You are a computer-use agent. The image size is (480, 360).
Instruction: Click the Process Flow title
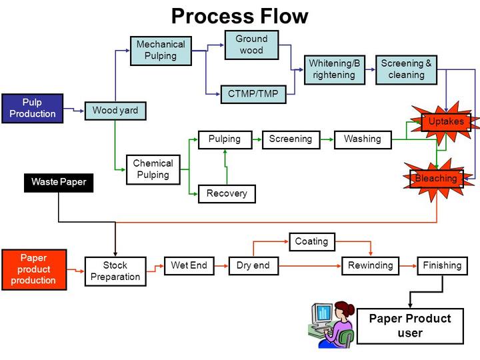coord(240,15)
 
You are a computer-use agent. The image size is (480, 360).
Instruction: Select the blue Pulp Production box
coord(32,109)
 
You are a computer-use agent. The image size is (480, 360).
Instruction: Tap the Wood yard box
coord(115,110)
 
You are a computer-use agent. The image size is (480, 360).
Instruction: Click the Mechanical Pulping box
coord(161,50)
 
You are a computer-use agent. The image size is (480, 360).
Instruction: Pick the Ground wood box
coord(251,45)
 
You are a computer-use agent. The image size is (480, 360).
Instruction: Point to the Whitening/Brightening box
coord(335,69)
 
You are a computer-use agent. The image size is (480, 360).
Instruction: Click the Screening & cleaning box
coord(406,69)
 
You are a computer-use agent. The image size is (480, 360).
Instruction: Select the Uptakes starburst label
coord(446,121)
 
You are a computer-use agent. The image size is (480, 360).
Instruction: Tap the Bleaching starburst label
coord(436,179)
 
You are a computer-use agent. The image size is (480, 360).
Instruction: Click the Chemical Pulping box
coord(153,169)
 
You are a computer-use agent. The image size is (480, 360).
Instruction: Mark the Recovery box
coord(227,193)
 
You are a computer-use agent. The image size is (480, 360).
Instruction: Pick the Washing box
coord(362,139)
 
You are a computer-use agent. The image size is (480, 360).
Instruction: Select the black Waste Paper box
coord(59,181)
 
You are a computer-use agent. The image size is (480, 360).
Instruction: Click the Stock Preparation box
coord(115,271)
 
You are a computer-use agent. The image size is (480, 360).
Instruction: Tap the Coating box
coord(311,241)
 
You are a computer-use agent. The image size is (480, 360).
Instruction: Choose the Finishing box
coord(442,265)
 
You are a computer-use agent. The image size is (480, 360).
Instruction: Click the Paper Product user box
coord(409,326)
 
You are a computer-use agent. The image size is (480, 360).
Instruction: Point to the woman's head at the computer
coord(345,311)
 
